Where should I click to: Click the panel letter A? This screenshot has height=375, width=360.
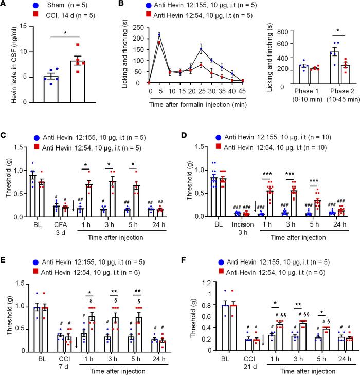tap(5, 5)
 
